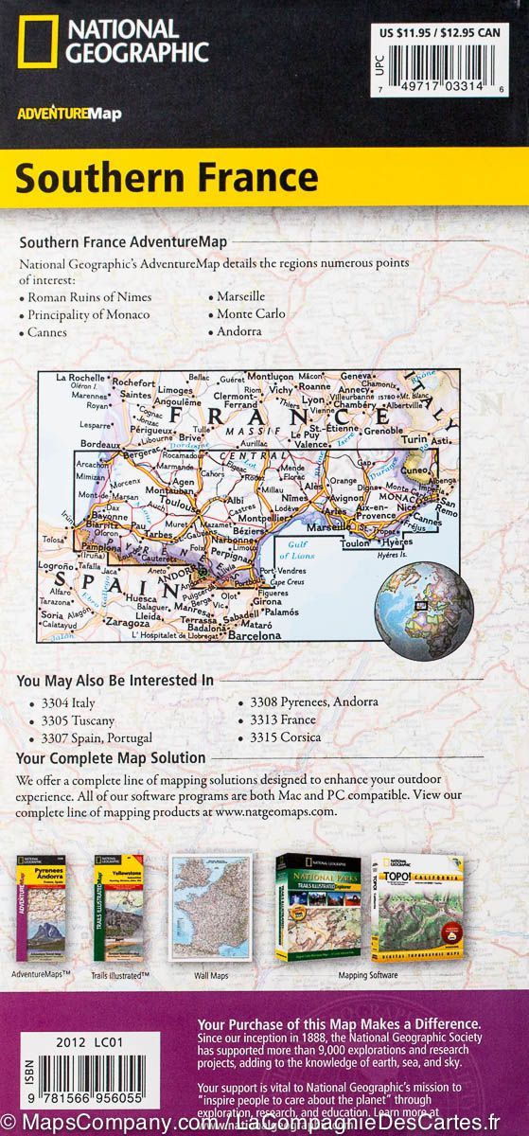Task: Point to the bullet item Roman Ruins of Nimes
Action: point(89,296)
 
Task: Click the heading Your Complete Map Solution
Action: point(112,757)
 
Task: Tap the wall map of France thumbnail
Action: point(209,898)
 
